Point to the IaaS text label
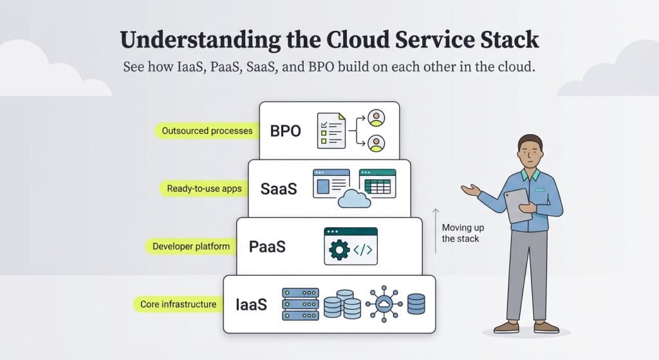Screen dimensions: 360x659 [250, 305]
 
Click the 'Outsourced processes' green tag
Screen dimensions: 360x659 [207, 131]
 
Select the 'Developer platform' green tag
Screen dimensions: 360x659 [190, 246]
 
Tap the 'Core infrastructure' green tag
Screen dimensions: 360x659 [178, 304]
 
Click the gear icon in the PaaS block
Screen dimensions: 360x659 [339, 250]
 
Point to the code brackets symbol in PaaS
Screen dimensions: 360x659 [363, 250]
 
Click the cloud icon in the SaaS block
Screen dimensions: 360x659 [354, 200]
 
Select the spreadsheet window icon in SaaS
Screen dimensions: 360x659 [377, 183]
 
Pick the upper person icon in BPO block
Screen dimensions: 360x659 [376, 118]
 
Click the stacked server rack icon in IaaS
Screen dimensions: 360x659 [301, 304]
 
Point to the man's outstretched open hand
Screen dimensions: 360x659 [470, 189]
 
